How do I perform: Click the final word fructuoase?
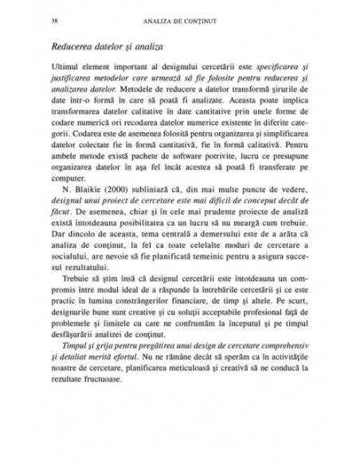point(99,439)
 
